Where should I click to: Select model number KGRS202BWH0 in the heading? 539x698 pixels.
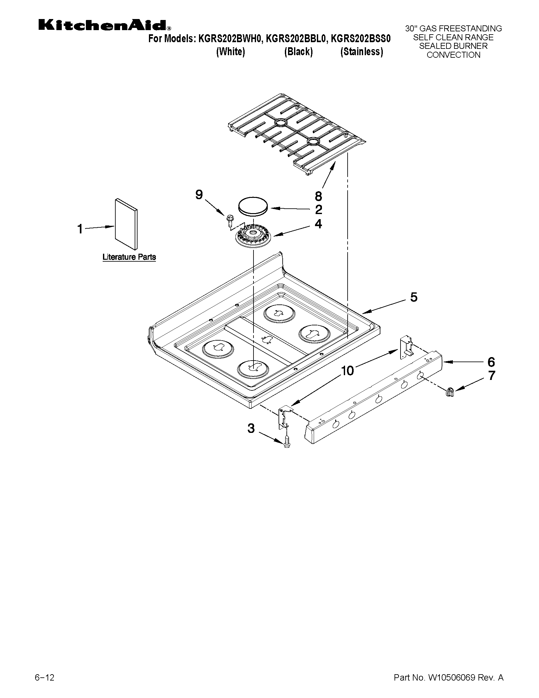click(231, 39)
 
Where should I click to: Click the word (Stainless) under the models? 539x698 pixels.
click(362, 52)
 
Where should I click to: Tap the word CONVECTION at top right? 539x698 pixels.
click(453, 55)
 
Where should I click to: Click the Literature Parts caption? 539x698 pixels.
click(129, 257)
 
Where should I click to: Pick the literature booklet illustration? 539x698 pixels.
click(126, 224)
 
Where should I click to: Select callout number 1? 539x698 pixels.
click(80, 229)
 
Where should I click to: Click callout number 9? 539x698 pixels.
click(199, 195)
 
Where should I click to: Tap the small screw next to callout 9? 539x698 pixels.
click(229, 220)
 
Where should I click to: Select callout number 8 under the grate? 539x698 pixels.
click(318, 196)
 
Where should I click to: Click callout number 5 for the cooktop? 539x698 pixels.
click(414, 297)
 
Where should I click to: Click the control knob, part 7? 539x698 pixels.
click(450, 391)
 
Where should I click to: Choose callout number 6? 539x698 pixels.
click(491, 362)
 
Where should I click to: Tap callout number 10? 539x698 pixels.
click(347, 371)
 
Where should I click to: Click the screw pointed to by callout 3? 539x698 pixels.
click(286, 442)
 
